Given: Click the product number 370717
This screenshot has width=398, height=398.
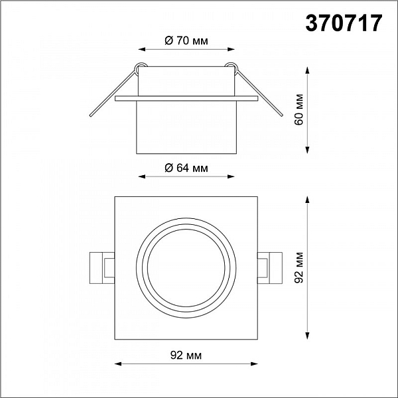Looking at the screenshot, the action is click(344, 23).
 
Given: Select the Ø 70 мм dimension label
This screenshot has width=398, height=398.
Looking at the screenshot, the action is click(186, 40).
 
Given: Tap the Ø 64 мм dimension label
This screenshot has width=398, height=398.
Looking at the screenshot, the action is click(186, 168).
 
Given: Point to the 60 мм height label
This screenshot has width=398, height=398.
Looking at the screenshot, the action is click(299, 109).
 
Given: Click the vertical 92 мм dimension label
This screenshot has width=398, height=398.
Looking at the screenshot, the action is click(299, 267).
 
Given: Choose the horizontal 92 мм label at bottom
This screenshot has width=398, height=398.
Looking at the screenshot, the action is click(186, 356).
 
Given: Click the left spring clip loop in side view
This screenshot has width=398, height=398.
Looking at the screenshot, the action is click(141, 68).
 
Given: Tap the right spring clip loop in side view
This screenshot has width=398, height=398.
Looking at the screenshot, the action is click(232, 68).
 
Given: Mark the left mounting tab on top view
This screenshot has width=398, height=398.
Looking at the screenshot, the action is click(102, 268).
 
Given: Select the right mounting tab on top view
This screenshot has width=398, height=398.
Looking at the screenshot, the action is click(270, 268).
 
